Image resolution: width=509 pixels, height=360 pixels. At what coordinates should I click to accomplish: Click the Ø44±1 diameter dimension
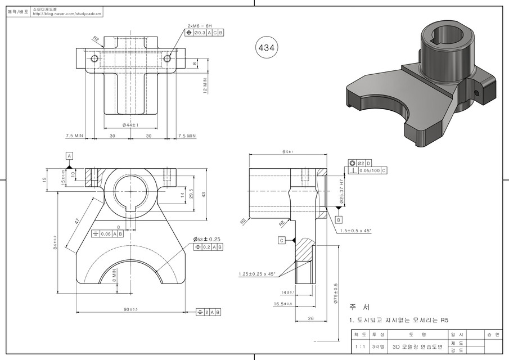(x=130, y=124)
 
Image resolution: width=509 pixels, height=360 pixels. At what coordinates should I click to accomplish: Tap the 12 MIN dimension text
(x=206, y=85)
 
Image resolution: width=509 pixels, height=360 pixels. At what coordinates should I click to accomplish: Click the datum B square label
(x=339, y=219)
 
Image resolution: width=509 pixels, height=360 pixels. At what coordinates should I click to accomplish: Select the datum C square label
(x=281, y=240)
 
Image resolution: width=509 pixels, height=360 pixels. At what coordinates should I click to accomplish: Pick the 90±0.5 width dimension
(x=130, y=309)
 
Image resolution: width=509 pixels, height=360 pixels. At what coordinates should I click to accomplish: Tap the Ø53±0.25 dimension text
(x=206, y=239)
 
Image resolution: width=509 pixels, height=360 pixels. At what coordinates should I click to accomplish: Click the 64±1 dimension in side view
(x=287, y=152)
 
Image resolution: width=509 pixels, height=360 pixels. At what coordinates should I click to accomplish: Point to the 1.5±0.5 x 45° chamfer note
(x=355, y=230)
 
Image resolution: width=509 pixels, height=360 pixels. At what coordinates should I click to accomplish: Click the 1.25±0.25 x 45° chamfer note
(x=256, y=274)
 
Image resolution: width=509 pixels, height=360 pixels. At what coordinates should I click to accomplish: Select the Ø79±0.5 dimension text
(x=335, y=294)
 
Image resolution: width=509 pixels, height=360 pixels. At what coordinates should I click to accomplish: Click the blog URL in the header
(x=68, y=15)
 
